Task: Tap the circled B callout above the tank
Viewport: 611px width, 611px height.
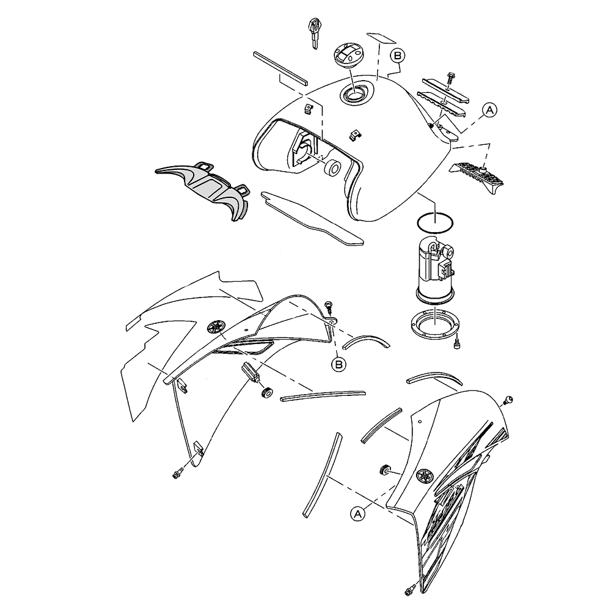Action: pos(398,56)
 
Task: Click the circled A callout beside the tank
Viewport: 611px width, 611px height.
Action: pos(490,110)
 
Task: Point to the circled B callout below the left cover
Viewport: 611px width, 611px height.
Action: pos(338,364)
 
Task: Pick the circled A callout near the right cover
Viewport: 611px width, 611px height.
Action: pos(358,513)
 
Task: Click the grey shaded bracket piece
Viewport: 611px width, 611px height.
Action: pos(203,188)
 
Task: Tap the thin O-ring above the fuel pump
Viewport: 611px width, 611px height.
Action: pos(435,223)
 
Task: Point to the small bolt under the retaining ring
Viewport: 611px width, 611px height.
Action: pos(458,343)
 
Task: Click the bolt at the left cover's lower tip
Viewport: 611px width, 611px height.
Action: pos(177,474)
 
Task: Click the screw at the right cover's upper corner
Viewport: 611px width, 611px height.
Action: pos(508,399)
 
